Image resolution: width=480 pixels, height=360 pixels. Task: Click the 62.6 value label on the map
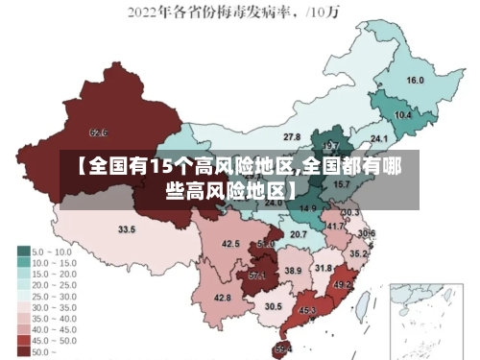pos(98,132)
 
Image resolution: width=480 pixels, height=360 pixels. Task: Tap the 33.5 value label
pos(127,229)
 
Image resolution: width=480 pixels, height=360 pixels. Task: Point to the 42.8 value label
pos(222,298)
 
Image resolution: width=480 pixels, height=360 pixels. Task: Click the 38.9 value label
pos(293,272)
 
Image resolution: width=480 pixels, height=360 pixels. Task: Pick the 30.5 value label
pos(274,306)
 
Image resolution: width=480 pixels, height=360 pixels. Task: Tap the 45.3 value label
pos(307,310)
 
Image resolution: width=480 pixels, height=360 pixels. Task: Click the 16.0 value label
pos(416,81)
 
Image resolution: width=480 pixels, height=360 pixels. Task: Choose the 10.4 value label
pos(403,115)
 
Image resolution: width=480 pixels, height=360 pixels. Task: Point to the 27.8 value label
pos(292,137)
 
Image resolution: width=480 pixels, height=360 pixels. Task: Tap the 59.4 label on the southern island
pos(283,348)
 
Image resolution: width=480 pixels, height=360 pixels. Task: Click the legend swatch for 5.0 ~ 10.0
pos(23,251)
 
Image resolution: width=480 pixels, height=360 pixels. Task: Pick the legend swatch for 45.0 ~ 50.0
pos(23,340)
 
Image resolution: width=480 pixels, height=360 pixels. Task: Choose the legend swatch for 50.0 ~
pos(23,351)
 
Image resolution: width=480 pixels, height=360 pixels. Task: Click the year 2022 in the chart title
pos(145,12)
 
